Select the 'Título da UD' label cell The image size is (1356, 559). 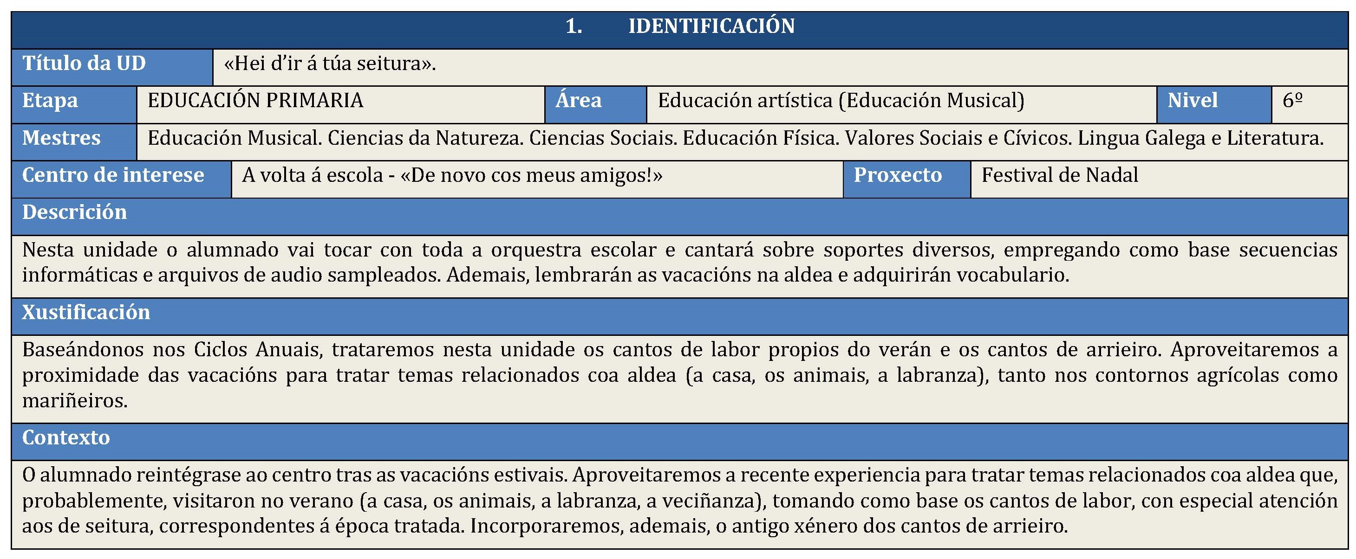[84, 64]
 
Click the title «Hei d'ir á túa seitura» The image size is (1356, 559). [330, 64]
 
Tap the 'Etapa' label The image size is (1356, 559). [50, 101]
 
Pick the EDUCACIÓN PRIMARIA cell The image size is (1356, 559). [255, 101]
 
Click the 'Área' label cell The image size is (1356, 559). [579, 101]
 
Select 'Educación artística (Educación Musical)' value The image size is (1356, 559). [841, 101]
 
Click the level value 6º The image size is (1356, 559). [1292, 101]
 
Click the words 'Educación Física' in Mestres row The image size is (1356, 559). [761, 138]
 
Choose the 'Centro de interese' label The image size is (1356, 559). [113, 175]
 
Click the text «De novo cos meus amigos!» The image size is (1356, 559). [531, 175]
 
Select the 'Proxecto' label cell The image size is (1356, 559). [898, 175]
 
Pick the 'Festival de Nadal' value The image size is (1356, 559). [1060, 175]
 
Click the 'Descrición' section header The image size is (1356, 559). [75, 212]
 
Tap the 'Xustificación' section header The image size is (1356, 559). [86, 312]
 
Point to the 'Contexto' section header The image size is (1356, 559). [66, 437]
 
